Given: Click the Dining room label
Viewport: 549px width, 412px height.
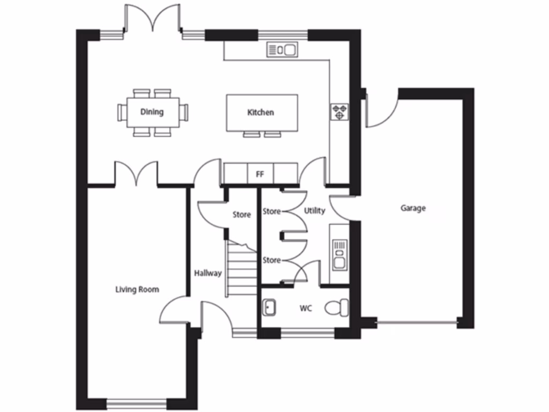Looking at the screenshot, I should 152,112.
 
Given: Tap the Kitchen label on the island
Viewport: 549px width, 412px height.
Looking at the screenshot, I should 261,113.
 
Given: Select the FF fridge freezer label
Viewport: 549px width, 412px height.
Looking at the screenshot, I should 261,174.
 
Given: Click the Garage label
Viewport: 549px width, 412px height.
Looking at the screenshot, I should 413,208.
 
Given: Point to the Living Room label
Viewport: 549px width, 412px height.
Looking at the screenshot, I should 137,290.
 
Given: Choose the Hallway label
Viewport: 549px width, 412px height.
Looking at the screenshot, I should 208,273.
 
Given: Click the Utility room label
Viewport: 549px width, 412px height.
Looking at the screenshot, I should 314,211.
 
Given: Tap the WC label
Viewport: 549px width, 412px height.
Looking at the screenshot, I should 306,308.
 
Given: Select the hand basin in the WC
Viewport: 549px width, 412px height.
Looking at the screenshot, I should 269,307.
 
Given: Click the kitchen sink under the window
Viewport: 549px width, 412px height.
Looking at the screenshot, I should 282,50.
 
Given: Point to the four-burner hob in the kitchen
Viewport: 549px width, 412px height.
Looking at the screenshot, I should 339,112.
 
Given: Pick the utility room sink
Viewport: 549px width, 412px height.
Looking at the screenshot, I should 339,254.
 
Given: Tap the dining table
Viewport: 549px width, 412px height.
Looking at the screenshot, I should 153,113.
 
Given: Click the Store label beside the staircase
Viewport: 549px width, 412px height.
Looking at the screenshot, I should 241,215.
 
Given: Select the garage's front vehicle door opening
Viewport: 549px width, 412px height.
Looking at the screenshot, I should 417,323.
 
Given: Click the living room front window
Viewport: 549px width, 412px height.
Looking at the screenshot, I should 136,401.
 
